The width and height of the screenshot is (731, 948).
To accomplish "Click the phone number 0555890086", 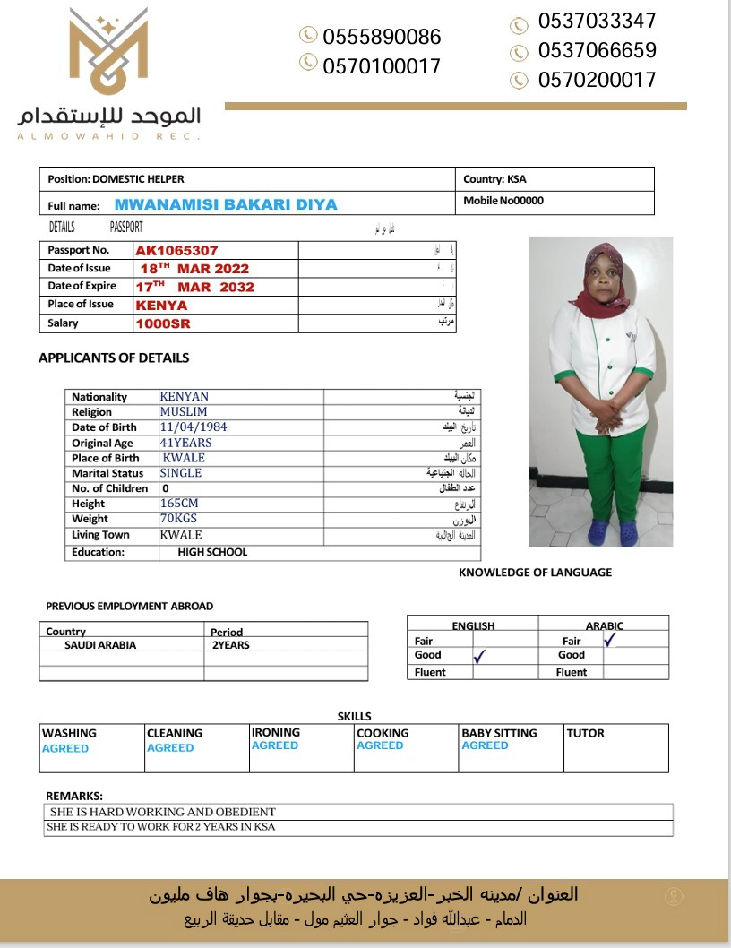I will pos(382,37).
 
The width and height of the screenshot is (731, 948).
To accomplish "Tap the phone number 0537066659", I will pos(597,50).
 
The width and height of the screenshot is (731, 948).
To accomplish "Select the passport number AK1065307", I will pos(177,251).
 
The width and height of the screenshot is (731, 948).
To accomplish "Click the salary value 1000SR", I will pos(163,323).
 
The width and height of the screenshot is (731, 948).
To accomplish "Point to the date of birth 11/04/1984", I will pos(193,427).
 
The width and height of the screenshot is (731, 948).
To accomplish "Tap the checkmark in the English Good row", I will pos(480,657).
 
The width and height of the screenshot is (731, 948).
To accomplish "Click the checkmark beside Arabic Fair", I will pos(611,640).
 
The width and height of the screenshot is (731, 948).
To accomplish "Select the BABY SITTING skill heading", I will pos(499,733).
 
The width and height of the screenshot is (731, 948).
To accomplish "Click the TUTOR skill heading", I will pos(585,733).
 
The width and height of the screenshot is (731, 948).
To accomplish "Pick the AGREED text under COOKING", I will pos(380,745).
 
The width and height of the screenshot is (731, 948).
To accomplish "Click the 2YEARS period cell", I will pos(230,645).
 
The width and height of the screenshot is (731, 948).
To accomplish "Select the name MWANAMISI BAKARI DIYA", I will pos(226,204).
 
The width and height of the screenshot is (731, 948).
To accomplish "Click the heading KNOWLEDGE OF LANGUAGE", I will pos(535,572).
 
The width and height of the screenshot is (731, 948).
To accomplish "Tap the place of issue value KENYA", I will pos(161,305).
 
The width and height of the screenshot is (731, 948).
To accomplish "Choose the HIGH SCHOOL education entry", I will pos(212,552).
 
